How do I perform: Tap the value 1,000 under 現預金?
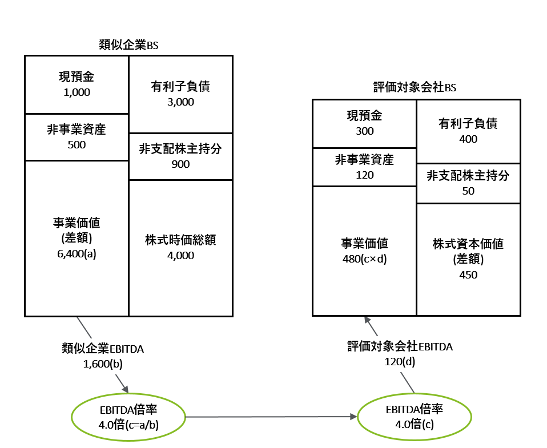77,92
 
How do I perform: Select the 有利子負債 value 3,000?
180,102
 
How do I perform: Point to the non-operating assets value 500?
77,144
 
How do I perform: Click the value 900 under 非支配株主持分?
180,164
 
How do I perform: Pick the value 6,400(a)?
77,254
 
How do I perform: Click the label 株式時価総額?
180,240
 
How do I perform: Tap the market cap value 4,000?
180,255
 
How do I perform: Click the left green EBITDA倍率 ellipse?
128,417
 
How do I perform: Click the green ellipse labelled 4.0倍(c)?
415,417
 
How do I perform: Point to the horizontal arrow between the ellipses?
268,417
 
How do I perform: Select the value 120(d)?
400,361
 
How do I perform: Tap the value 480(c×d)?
364,258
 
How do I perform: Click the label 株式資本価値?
468,244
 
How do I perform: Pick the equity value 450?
468,275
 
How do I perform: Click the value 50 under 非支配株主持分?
468,191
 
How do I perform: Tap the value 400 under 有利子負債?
468,139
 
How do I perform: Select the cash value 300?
364,131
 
